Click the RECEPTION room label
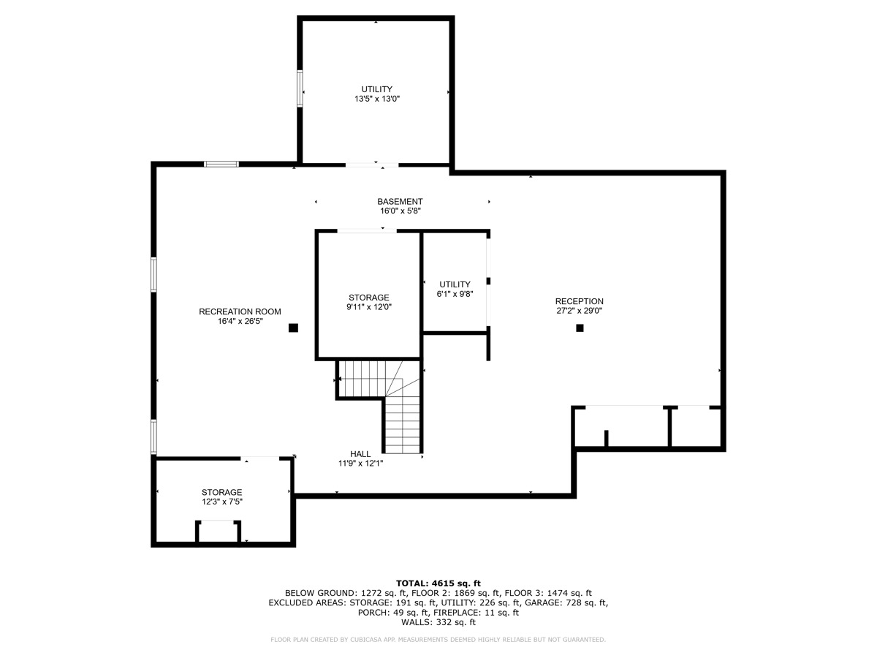579,301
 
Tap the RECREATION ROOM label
240,311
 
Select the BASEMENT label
400,202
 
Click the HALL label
360,453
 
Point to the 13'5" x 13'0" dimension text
376,98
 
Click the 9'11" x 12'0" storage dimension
368,307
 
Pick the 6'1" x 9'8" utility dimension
455,293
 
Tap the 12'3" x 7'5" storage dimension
221,502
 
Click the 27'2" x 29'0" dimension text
579,311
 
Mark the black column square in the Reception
580,328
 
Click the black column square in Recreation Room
293,328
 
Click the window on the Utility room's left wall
300,88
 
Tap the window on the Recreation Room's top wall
221,164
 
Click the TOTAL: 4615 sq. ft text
438,583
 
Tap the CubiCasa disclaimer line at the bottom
438,640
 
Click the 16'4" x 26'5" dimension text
240,320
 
